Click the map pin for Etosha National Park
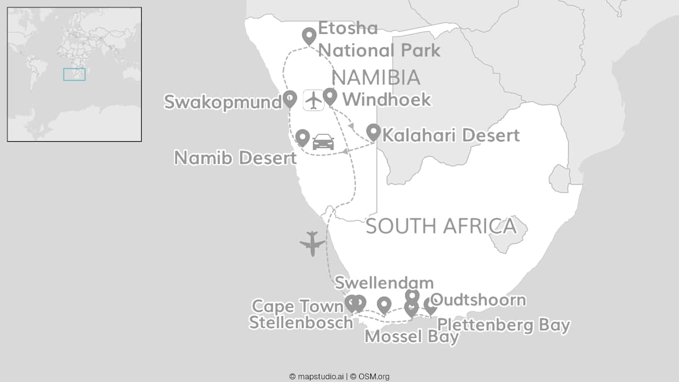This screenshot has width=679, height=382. pos(309,36)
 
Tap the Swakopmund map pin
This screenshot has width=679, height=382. pos(290,98)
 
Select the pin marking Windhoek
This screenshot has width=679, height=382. pos(330,96)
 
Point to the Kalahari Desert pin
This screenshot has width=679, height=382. pos(373,132)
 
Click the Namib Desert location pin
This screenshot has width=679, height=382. pos(302,137)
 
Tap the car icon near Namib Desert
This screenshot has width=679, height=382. pos(324,142)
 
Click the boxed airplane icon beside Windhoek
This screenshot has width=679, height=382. pos(314,100)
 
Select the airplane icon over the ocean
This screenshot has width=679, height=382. pos(312,244)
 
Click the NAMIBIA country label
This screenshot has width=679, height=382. pos(376,77)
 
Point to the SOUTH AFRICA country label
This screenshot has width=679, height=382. pos(441,226)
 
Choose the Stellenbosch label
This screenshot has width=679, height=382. pos(301,322)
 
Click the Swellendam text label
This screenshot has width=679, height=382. pos(384,282)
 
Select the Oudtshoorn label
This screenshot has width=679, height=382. pos(478,300)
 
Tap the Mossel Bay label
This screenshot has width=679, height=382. pos(412,336)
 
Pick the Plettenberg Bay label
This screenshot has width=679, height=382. pos(503,325)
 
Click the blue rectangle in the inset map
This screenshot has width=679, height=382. pos(74,74)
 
